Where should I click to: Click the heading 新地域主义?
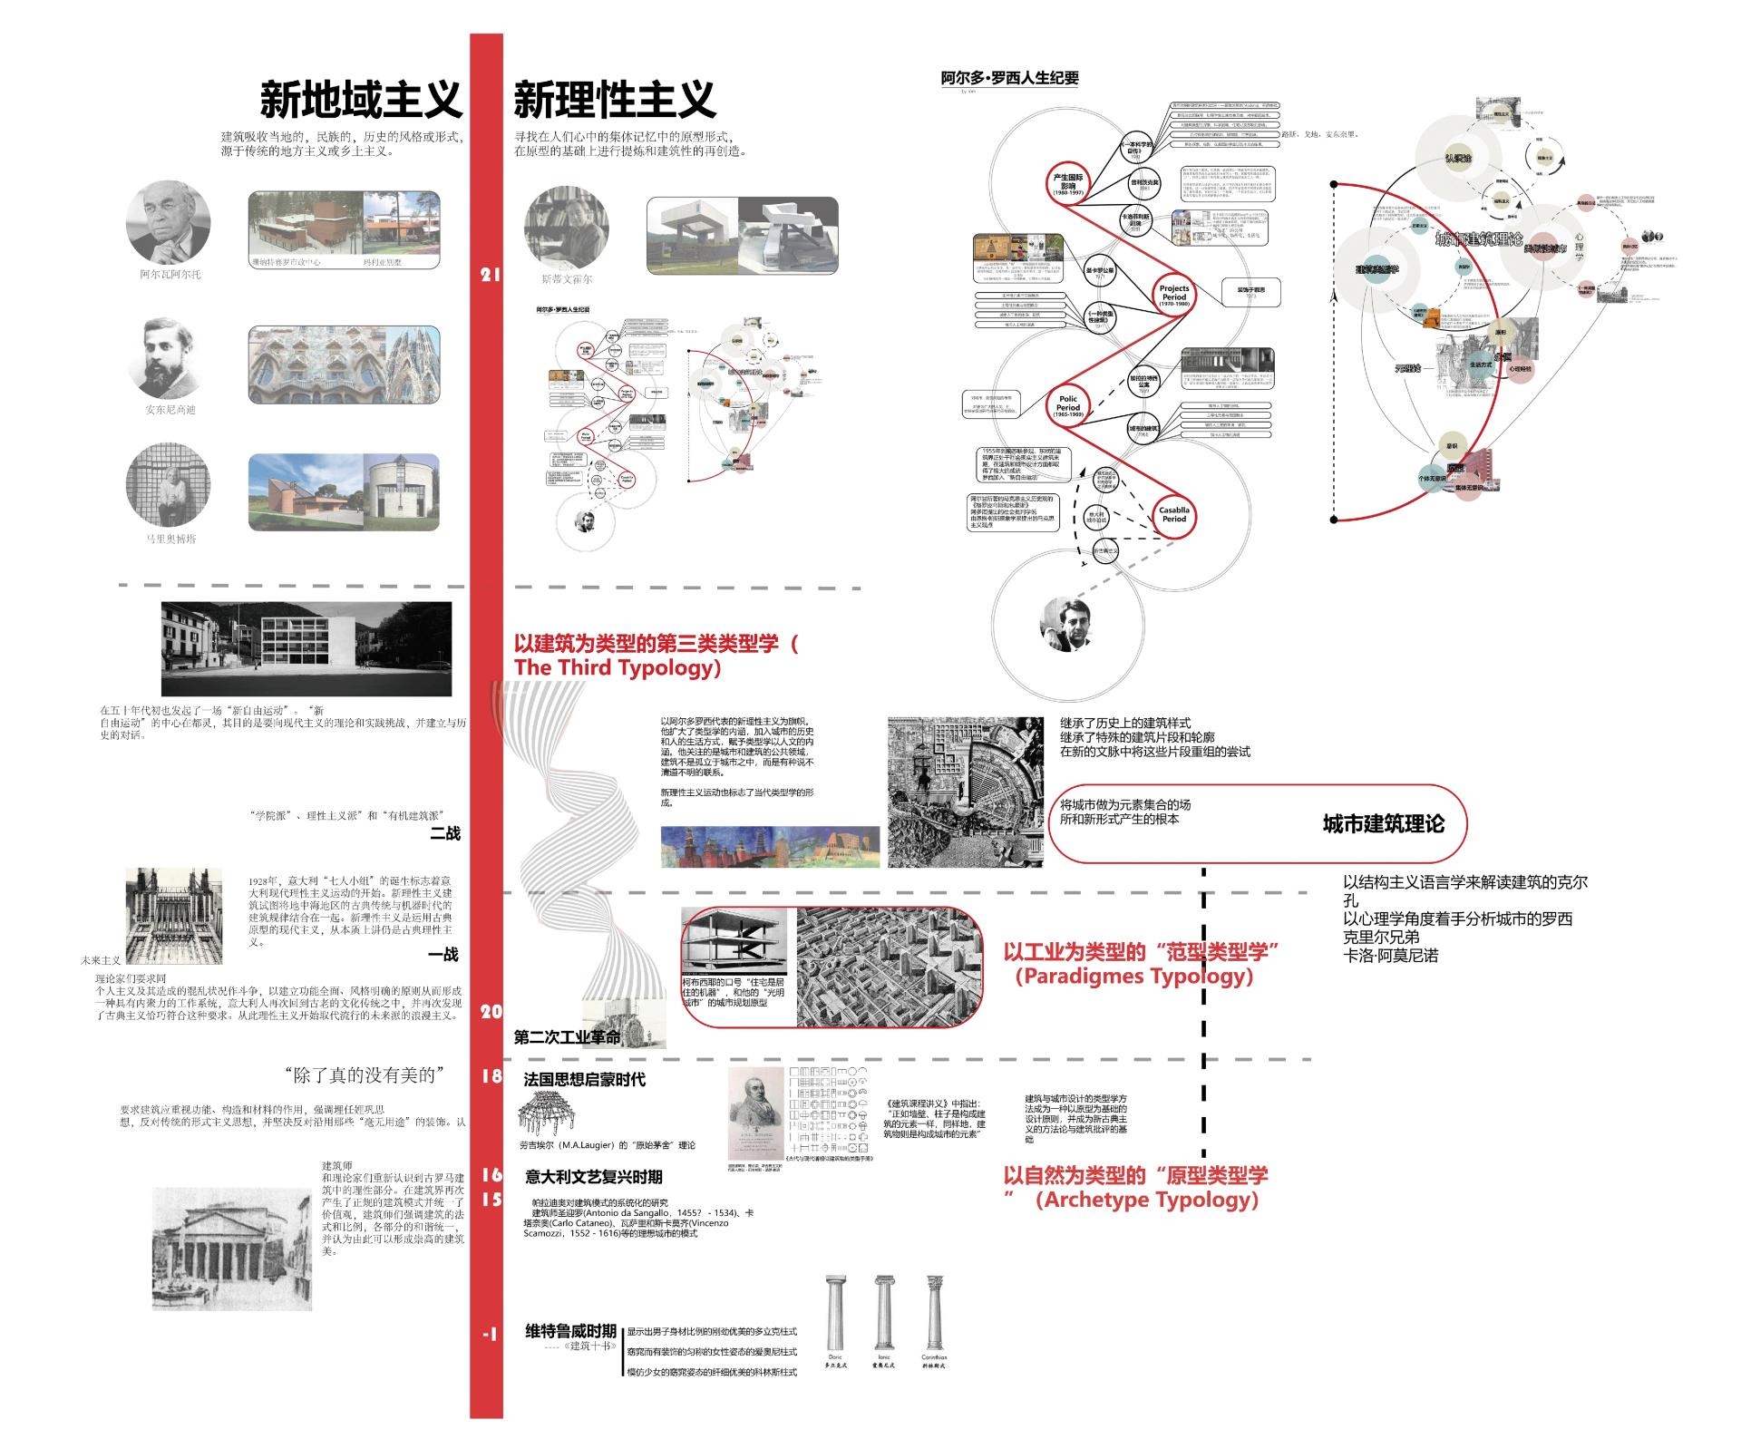pyautogui.click(x=361, y=101)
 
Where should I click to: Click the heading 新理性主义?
pyautogui.click(x=615, y=101)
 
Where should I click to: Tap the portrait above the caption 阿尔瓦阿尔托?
pyautogui.click(x=168, y=221)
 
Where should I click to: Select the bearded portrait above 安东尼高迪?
pyautogui.click(x=169, y=358)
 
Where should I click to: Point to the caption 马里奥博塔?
pyautogui.click(x=170, y=539)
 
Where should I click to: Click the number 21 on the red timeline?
pyautogui.click(x=490, y=275)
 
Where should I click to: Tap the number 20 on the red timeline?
pyautogui.click(x=491, y=1012)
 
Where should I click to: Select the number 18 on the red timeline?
pyautogui.click(x=491, y=1076)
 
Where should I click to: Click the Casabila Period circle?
pyautogui.click(x=1173, y=514)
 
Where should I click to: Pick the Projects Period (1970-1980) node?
pyautogui.click(x=1173, y=295)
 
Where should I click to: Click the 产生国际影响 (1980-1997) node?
pyautogui.click(x=1068, y=185)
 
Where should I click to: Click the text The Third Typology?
pyautogui.click(x=617, y=668)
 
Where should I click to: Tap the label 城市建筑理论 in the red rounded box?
pyautogui.click(x=1383, y=824)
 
